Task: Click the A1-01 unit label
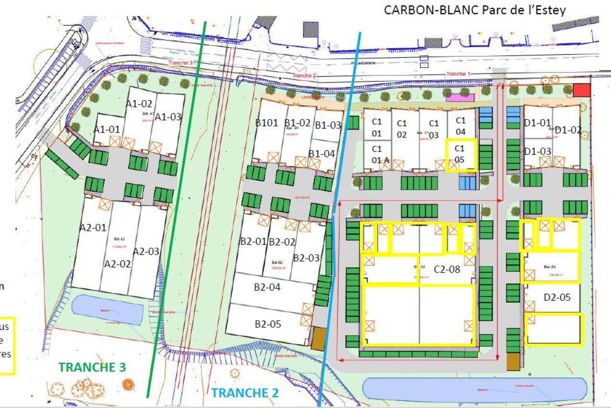tap(106, 129)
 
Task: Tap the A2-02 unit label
tap(117, 264)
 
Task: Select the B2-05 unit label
tap(268, 324)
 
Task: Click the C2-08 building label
tap(447, 269)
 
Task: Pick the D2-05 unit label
tap(557, 297)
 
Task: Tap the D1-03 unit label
tap(538, 151)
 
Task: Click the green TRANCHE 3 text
tap(92, 367)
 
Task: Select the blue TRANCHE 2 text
tap(245, 393)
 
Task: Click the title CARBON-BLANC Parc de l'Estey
tap(474, 10)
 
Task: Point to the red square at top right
tap(582, 90)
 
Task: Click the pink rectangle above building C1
tap(460, 98)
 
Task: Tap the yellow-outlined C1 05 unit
tap(461, 154)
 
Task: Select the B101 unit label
tap(266, 122)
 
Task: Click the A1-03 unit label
tap(169, 117)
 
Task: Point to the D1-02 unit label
tap(568, 130)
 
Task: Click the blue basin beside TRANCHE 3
tap(107, 309)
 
